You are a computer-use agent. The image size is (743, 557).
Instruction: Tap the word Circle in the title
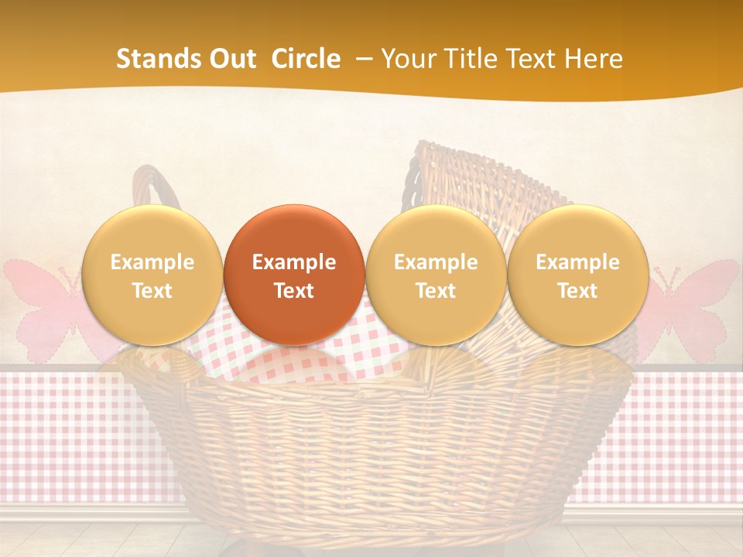pyautogui.click(x=306, y=59)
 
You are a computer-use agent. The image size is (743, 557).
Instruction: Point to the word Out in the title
pyautogui.click(x=233, y=59)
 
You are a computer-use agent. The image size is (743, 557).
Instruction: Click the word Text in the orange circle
pyautogui.click(x=294, y=291)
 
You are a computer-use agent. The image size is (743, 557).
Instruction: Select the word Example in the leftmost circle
pyautogui.click(x=152, y=262)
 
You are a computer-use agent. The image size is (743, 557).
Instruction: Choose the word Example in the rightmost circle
pyautogui.click(x=577, y=262)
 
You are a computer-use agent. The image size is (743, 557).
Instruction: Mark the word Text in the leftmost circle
pyautogui.click(x=152, y=291)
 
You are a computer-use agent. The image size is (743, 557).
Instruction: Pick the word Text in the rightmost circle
pyautogui.click(x=577, y=291)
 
